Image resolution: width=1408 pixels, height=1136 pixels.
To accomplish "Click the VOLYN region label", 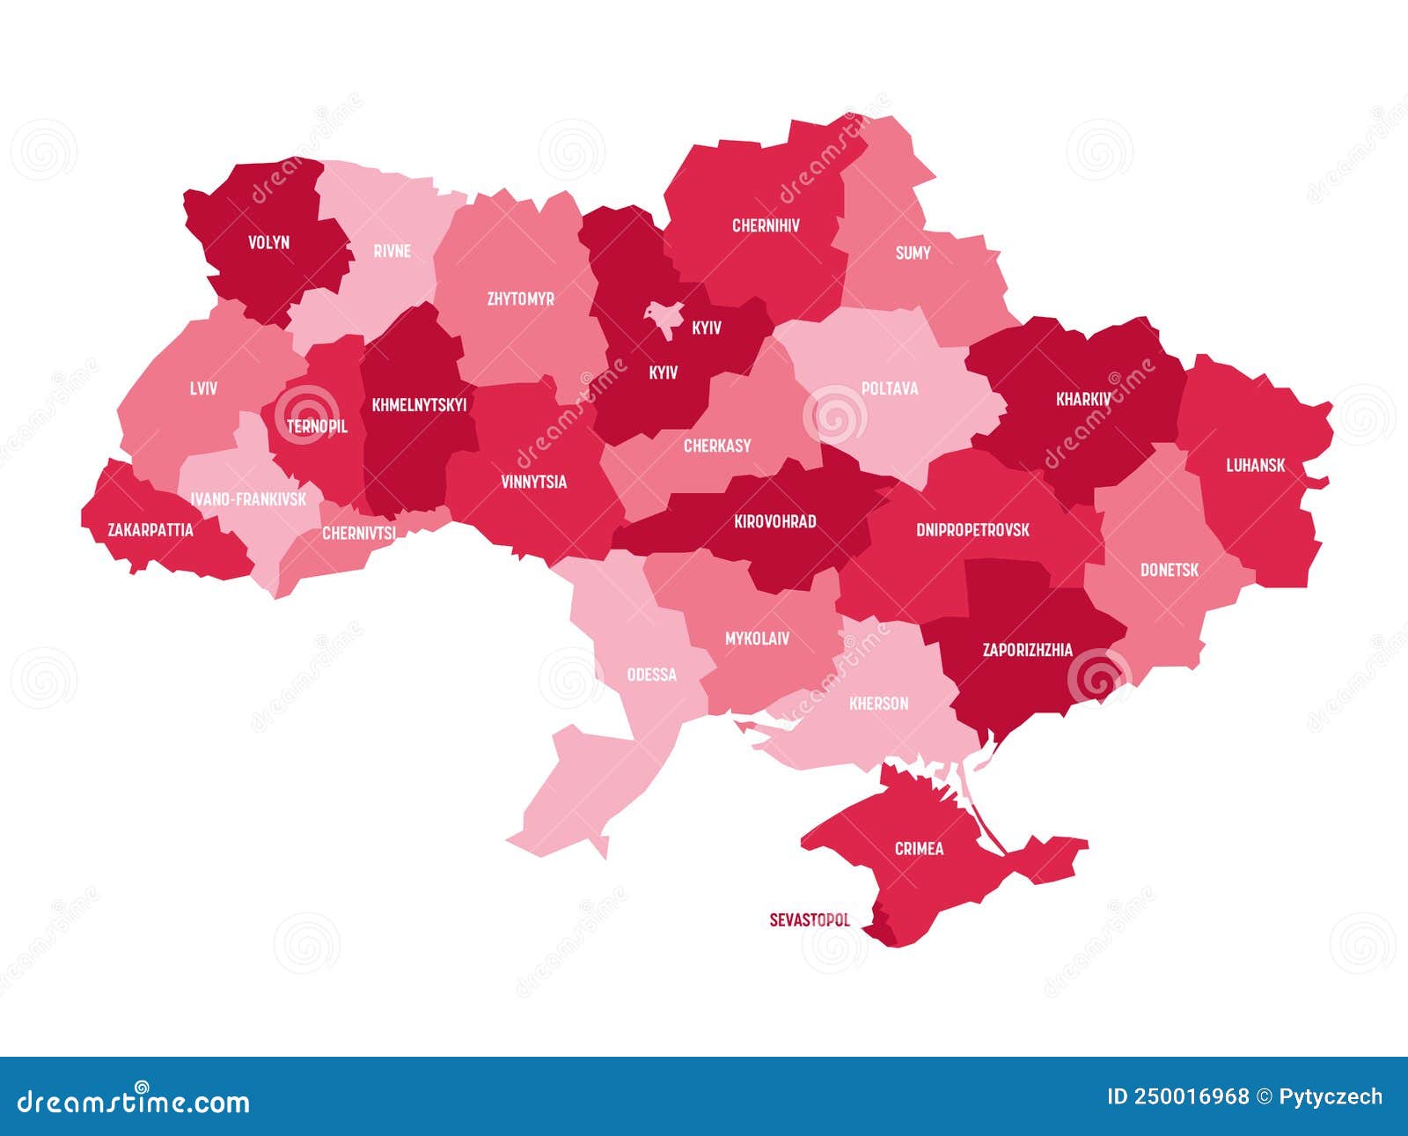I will (x=268, y=242).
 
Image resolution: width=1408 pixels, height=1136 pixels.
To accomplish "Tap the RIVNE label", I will (x=392, y=251).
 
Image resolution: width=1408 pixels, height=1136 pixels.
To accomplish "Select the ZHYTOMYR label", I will (x=521, y=299).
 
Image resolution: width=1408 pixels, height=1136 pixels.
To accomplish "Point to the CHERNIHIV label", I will (x=766, y=225).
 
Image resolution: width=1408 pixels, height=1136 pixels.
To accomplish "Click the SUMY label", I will (x=913, y=253).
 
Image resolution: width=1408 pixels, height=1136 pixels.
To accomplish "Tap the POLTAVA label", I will (x=890, y=388).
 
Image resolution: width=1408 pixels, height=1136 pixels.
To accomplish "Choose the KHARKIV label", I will (x=1083, y=399).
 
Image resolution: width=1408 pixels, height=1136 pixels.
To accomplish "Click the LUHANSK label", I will (x=1256, y=465).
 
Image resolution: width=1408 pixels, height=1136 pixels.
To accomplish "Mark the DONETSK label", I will (x=1170, y=570).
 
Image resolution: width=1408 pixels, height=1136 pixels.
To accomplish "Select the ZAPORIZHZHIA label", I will (x=1027, y=650).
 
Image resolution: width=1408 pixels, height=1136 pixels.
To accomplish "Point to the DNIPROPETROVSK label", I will (x=972, y=529).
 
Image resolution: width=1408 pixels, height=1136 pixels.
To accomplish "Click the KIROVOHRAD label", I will (x=774, y=521).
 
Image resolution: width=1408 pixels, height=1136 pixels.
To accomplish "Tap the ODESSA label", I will (x=652, y=675).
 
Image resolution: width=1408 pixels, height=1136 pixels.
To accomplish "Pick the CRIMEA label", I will (x=919, y=849).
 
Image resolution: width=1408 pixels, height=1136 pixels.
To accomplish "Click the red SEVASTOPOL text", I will (x=810, y=920).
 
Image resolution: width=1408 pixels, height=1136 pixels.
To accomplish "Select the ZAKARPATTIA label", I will (x=150, y=530).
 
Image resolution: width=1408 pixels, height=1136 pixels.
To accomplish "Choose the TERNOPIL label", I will (x=317, y=426).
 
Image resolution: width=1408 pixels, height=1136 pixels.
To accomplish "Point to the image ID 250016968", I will (x=1177, y=1096).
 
